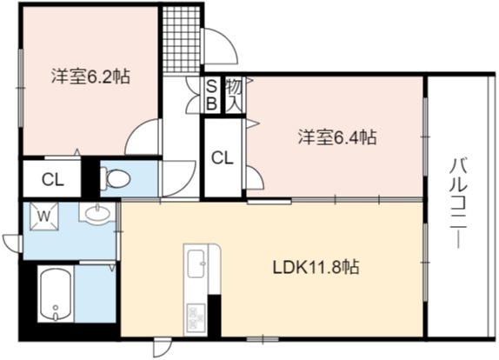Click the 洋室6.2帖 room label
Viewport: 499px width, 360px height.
click(91, 76)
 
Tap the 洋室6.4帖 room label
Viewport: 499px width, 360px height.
click(337, 137)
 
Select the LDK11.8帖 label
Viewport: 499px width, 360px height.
click(316, 267)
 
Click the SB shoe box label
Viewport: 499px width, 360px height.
click(212, 95)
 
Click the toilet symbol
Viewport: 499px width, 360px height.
click(116, 178)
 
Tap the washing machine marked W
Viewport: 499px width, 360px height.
click(44, 217)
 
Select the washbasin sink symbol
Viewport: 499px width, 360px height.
click(97, 214)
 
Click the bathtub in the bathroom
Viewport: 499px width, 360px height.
click(56, 295)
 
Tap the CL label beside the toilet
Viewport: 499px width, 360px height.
click(53, 181)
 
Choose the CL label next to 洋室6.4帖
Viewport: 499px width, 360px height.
click(223, 158)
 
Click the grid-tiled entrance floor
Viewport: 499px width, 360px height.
click(181, 40)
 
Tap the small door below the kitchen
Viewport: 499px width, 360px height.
click(163, 348)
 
